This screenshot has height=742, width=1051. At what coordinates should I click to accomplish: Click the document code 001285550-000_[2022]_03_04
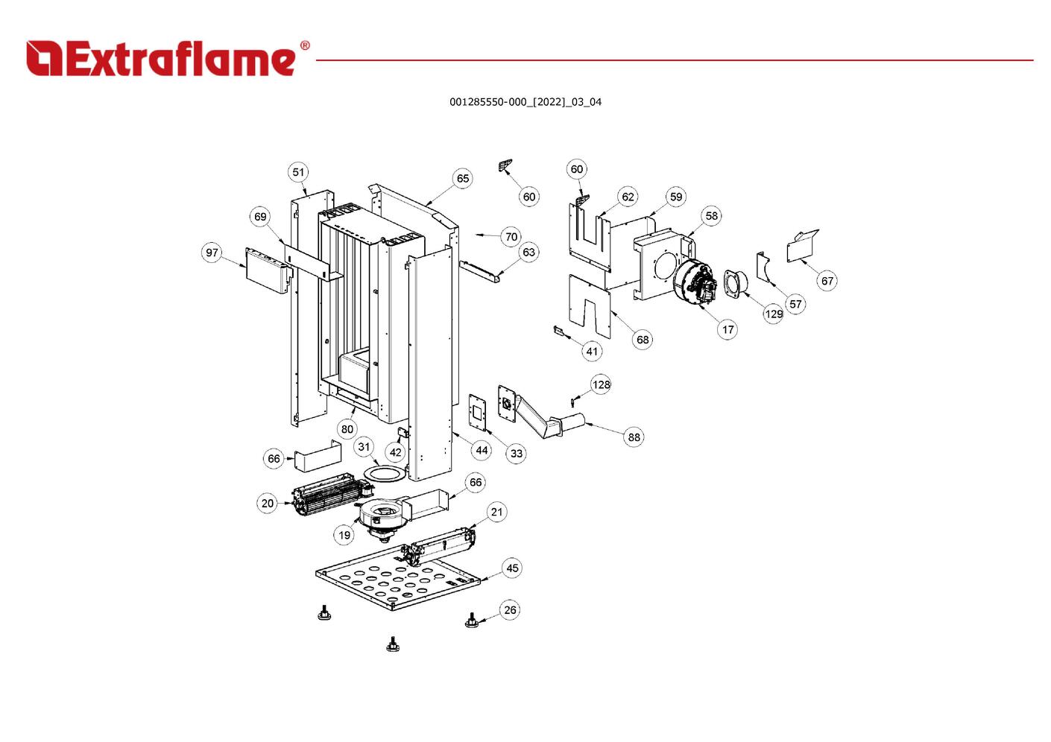click(x=525, y=102)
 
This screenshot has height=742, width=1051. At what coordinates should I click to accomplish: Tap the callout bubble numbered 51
click(x=298, y=172)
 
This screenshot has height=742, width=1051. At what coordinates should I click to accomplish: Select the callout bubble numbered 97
click(x=212, y=253)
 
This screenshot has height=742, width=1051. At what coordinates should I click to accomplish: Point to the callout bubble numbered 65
click(x=463, y=178)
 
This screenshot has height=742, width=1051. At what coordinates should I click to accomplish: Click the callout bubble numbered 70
click(x=511, y=237)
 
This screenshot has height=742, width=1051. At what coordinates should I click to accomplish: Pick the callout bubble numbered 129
click(x=774, y=314)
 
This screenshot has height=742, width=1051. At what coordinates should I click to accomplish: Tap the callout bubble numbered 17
click(x=728, y=329)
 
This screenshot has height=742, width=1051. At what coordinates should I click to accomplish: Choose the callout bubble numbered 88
click(x=634, y=437)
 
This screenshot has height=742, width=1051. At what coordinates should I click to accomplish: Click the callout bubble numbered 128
click(x=601, y=384)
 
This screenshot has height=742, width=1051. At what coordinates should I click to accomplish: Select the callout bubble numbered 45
click(x=512, y=568)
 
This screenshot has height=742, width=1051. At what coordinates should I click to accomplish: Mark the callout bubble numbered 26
click(x=510, y=610)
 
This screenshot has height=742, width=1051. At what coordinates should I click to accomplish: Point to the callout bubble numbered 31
click(x=364, y=447)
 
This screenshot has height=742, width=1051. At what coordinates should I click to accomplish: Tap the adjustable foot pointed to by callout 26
click(x=471, y=621)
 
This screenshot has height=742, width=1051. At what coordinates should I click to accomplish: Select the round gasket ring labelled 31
click(x=386, y=474)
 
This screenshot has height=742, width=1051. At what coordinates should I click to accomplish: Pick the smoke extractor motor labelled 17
click(x=693, y=282)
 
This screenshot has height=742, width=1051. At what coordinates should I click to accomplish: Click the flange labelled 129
click(x=734, y=284)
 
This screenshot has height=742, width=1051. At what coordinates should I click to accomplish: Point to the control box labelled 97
click(x=267, y=270)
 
